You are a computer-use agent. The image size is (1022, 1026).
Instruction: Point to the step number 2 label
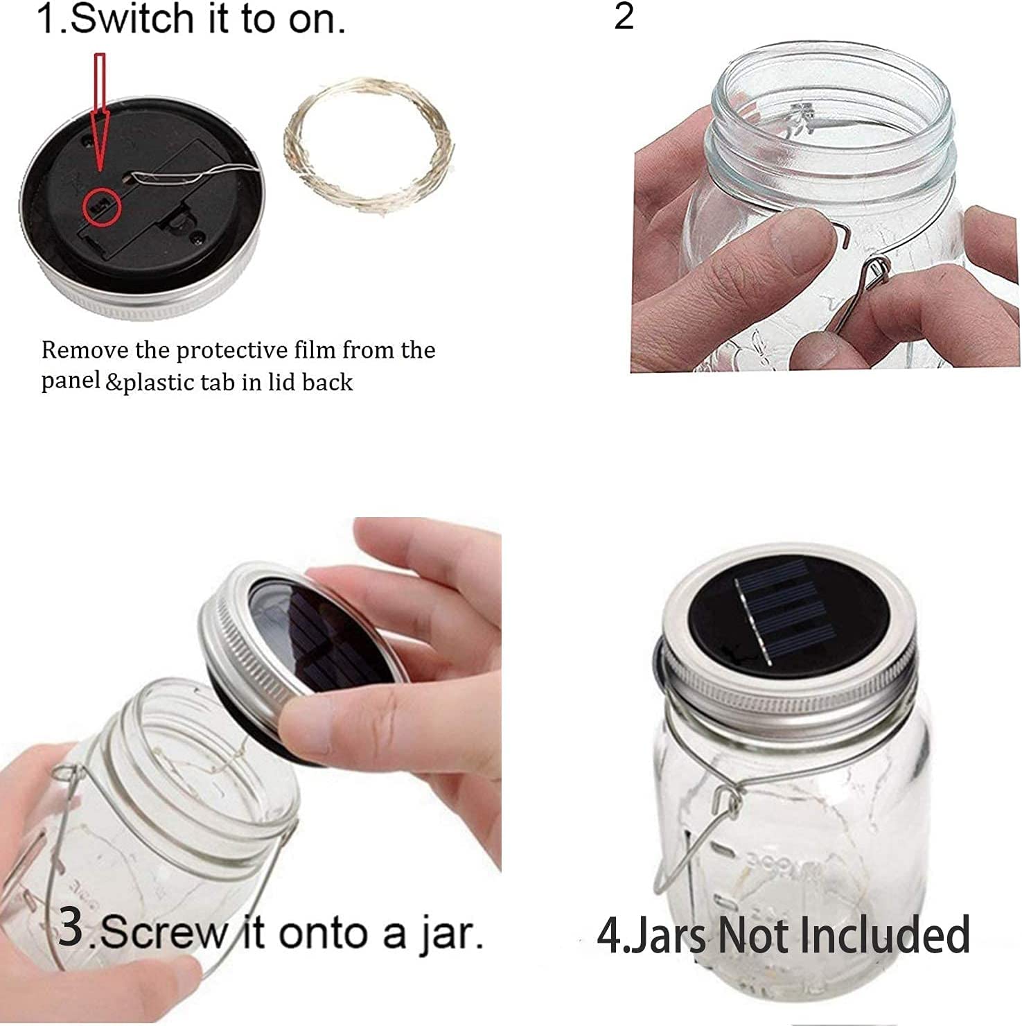click(x=623, y=16)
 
